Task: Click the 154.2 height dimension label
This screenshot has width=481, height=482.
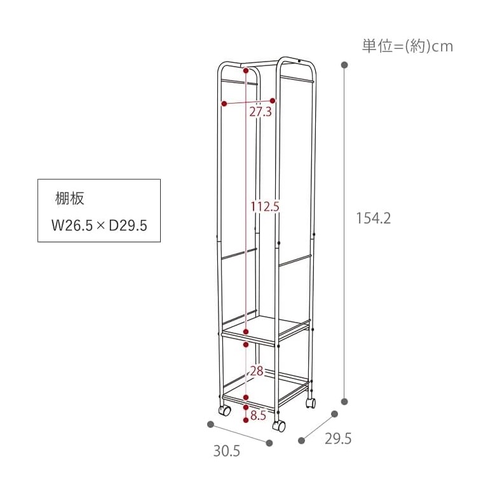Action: click(374, 218)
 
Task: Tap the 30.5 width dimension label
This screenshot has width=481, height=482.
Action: click(227, 452)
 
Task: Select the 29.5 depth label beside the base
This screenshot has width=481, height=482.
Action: click(338, 439)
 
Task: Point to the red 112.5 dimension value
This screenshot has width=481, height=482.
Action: click(265, 206)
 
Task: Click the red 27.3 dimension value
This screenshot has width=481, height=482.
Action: click(261, 112)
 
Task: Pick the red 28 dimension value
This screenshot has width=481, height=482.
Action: click(257, 372)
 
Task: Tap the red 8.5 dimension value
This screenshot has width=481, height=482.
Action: click(258, 415)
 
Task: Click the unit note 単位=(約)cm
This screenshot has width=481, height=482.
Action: click(407, 46)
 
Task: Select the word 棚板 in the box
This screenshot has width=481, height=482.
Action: click(70, 199)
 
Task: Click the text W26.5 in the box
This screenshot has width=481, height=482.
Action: click(72, 225)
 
